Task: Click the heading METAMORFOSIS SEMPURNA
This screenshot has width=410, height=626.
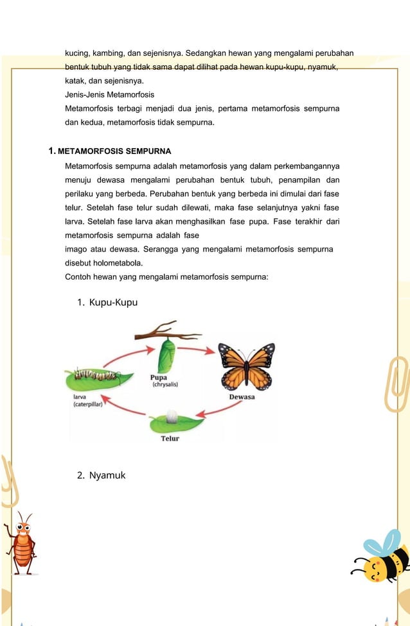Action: pos(114,151)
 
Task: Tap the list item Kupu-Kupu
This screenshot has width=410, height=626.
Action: pos(113,301)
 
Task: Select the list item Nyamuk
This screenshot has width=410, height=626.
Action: pos(107,475)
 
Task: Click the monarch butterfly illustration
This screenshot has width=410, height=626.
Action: pos(246,366)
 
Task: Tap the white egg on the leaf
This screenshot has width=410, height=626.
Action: pos(172,419)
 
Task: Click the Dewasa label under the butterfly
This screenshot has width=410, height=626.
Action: pos(242,397)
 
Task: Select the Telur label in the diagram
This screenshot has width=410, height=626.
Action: pos(170,439)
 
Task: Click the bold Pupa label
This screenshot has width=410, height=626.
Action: pos(159,378)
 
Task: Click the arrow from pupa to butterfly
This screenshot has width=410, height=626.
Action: pos(196,349)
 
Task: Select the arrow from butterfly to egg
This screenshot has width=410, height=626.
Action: pos(215,411)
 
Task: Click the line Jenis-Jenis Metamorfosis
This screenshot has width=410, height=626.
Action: pos(109,94)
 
